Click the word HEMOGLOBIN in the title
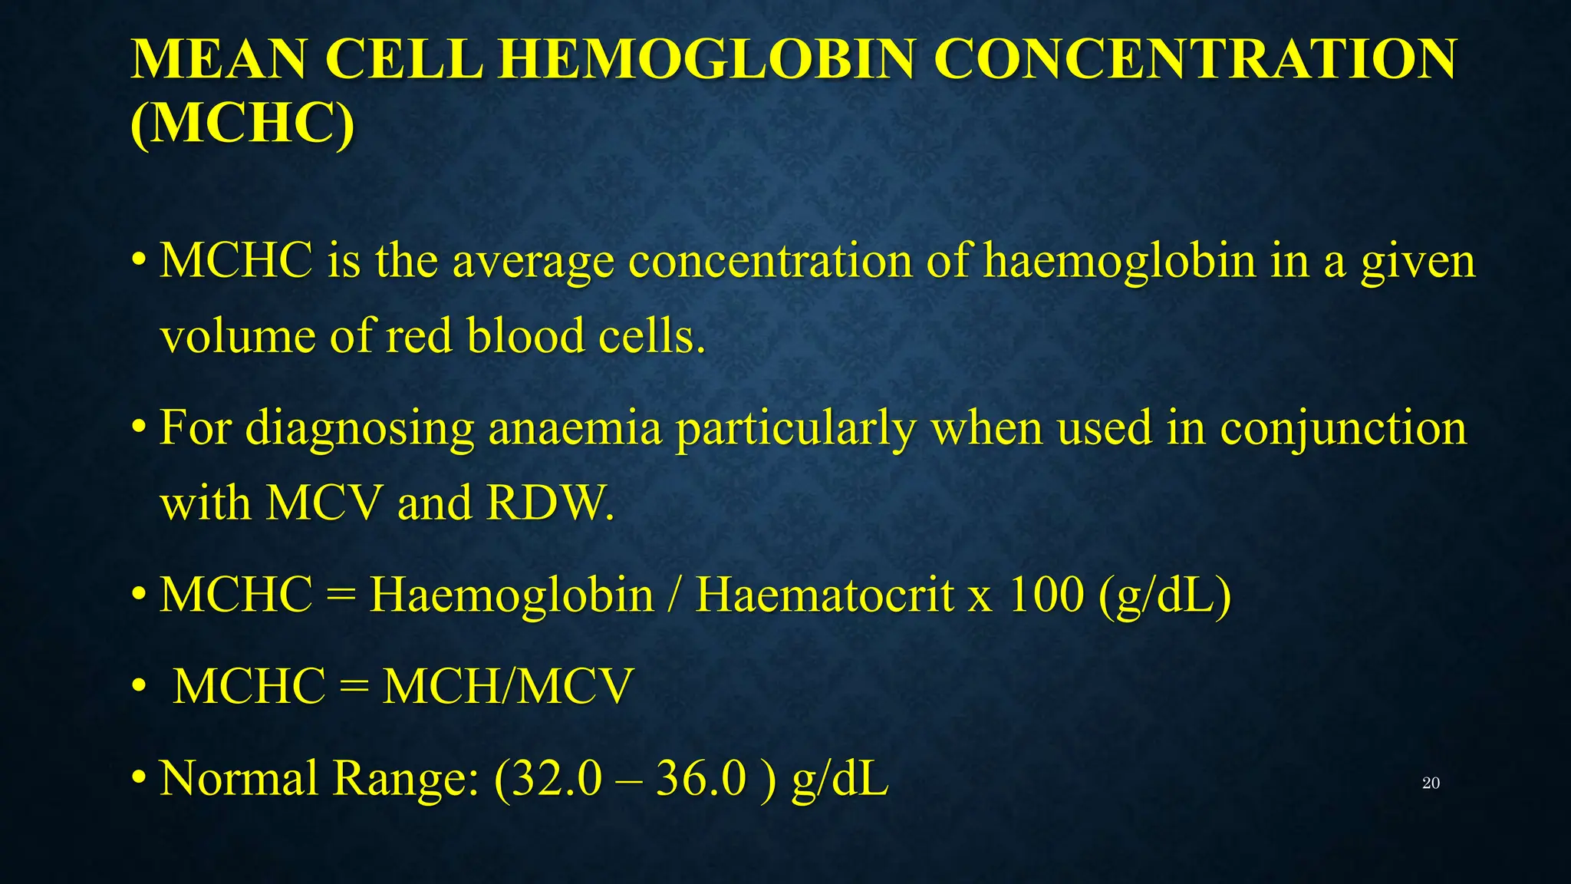[x=706, y=60]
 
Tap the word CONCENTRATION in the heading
[x=1195, y=60]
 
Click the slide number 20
[x=1431, y=783]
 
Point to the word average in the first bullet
[x=533, y=262]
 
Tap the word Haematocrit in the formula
[x=824, y=595]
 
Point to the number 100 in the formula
[x=1046, y=595]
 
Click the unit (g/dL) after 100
[x=1164, y=596]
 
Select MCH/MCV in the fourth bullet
[x=508, y=686]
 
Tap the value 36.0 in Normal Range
[x=700, y=778]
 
